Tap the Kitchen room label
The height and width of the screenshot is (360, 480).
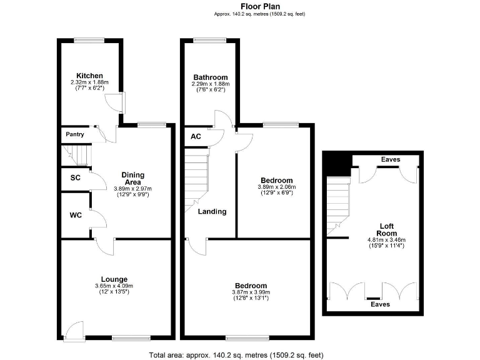click(x=89, y=76)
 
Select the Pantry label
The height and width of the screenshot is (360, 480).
click(x=72, y=134)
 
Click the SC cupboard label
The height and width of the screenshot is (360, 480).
click(x=75, y=177)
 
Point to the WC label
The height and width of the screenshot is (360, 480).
click(x=75, y=215)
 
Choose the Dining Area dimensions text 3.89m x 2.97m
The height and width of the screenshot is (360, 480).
click(x=132, y=188)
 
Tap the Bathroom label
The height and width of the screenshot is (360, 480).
click(x=210, y=77)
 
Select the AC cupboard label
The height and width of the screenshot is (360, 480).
click(x=196, y=136)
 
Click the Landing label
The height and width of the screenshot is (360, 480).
click(x=212, y=211)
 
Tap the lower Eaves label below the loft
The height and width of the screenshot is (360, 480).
click(x=380, y=304)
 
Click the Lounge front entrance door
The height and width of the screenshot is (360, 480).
click(x=74, y=329)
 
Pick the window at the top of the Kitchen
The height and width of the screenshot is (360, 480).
click(x=89, y=41)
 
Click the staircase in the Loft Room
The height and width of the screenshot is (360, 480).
click(x=338, y=199)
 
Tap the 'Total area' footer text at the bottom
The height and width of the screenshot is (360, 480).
click(x=236, y=354)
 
